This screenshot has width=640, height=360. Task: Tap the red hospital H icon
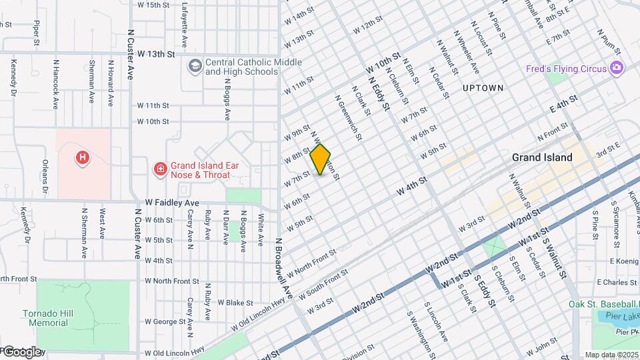coord(83,158)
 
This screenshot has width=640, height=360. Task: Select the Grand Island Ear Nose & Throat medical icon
coord(160,169)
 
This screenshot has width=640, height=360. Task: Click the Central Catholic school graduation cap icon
coord(195,65)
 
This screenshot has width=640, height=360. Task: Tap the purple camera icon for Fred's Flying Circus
coord(617,67)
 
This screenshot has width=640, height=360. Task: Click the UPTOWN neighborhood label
coord(482,88)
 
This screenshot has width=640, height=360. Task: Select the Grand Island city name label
coord(542,158)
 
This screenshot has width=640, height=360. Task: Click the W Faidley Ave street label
coord(172,203)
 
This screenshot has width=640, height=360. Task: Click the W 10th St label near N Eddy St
coord(382,64)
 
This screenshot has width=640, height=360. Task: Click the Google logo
coord(22,351)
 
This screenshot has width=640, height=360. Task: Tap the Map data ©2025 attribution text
coord(611,355)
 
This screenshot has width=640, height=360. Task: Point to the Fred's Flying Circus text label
coord(565,69)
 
